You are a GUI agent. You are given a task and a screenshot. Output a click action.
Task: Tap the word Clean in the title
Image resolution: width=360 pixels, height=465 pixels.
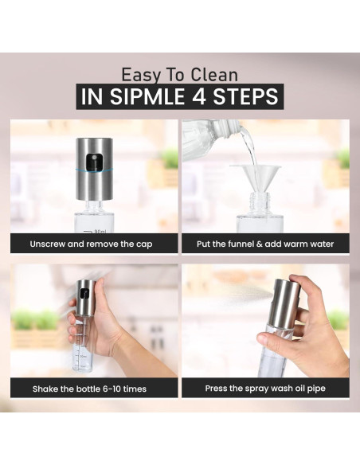point(214,75)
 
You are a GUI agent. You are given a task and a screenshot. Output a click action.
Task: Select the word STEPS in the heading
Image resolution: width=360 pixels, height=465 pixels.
point(246,96)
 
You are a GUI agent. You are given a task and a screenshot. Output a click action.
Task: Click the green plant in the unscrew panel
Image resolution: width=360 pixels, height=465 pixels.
point(170,158)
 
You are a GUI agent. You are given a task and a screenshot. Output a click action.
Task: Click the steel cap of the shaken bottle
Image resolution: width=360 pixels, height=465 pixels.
point(87,297)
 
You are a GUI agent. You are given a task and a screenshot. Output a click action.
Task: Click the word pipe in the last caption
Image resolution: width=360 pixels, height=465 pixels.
point(317,389)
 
